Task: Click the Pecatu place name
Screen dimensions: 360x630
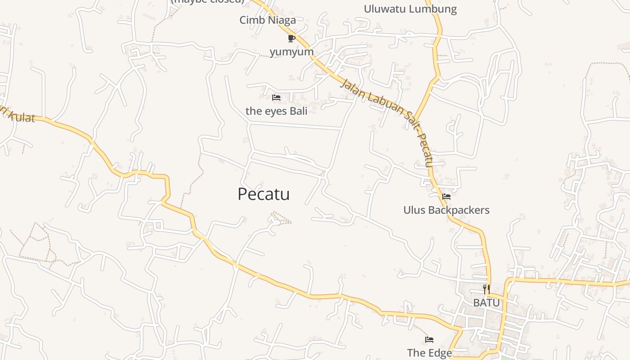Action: point(263,194)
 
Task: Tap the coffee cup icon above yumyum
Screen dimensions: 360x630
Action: point(292,38)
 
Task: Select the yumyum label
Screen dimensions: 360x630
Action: point(292,52)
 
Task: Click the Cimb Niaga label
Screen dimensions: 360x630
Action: point(268,20)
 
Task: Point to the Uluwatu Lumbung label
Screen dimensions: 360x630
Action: point(410,9)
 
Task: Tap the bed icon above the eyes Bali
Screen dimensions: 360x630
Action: point(276,98)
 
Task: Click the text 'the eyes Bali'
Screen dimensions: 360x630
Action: point(276,111)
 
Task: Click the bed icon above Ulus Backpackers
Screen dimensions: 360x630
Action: point(446,197)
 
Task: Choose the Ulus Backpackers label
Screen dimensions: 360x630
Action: point(446,210)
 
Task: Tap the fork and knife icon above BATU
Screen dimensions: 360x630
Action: point(486,289)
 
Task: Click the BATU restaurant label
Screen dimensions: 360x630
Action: point(486,303)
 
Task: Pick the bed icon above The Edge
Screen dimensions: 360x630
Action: point(429,340)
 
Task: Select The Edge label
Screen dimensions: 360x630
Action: point(429,353)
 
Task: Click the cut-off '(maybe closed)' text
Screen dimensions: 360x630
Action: point(207,1)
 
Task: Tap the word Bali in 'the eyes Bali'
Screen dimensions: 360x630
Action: point(298,111)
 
